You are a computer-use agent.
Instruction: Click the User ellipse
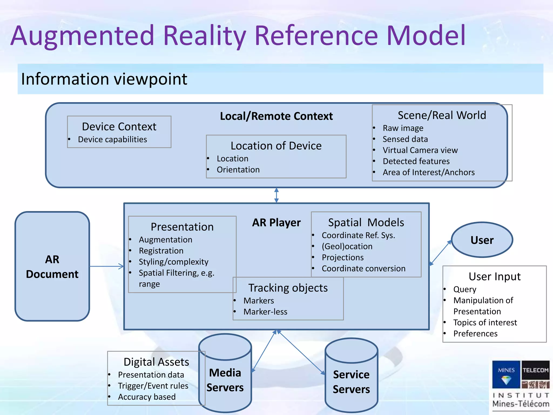point(482,240)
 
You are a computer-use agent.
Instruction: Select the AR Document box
point(52,266)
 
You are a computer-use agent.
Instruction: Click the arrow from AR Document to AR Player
point(107,266)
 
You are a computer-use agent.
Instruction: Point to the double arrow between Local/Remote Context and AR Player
point(276,195)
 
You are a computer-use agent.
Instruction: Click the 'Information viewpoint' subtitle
point(104,79)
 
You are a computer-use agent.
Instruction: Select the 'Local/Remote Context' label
point(276,116)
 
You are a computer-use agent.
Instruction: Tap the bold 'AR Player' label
point(276,223)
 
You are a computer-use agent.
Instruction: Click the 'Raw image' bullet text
point(403,128)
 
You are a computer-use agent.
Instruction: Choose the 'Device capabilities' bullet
point(112,139)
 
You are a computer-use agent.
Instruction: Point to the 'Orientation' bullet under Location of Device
point(238,170)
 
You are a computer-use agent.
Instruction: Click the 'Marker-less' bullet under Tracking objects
point(265,312)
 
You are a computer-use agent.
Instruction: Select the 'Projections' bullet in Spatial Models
point(343,257)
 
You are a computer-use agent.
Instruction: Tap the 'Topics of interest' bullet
point(485,323)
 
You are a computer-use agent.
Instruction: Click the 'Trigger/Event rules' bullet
point(153,386)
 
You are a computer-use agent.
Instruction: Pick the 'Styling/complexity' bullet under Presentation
point(174,262)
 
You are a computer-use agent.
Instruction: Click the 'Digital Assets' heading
point(156,362)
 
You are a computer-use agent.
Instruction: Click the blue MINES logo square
point(506,374)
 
